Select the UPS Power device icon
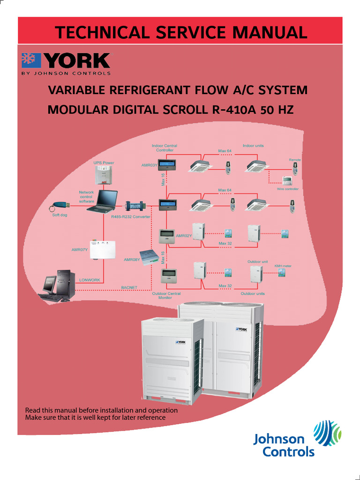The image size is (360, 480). click(103, 175)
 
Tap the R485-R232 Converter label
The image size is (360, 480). click(131, 217)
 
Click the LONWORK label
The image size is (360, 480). click(90, 280)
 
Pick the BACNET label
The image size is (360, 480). click(129, 287)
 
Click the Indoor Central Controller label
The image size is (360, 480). click(165, 148)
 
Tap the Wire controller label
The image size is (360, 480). click(288, 189)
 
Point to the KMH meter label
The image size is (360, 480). click(283, 266)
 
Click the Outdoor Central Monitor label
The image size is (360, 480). click(166, 295)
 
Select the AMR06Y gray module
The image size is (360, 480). click(150, 256)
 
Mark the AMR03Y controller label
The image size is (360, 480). click(149, 165)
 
